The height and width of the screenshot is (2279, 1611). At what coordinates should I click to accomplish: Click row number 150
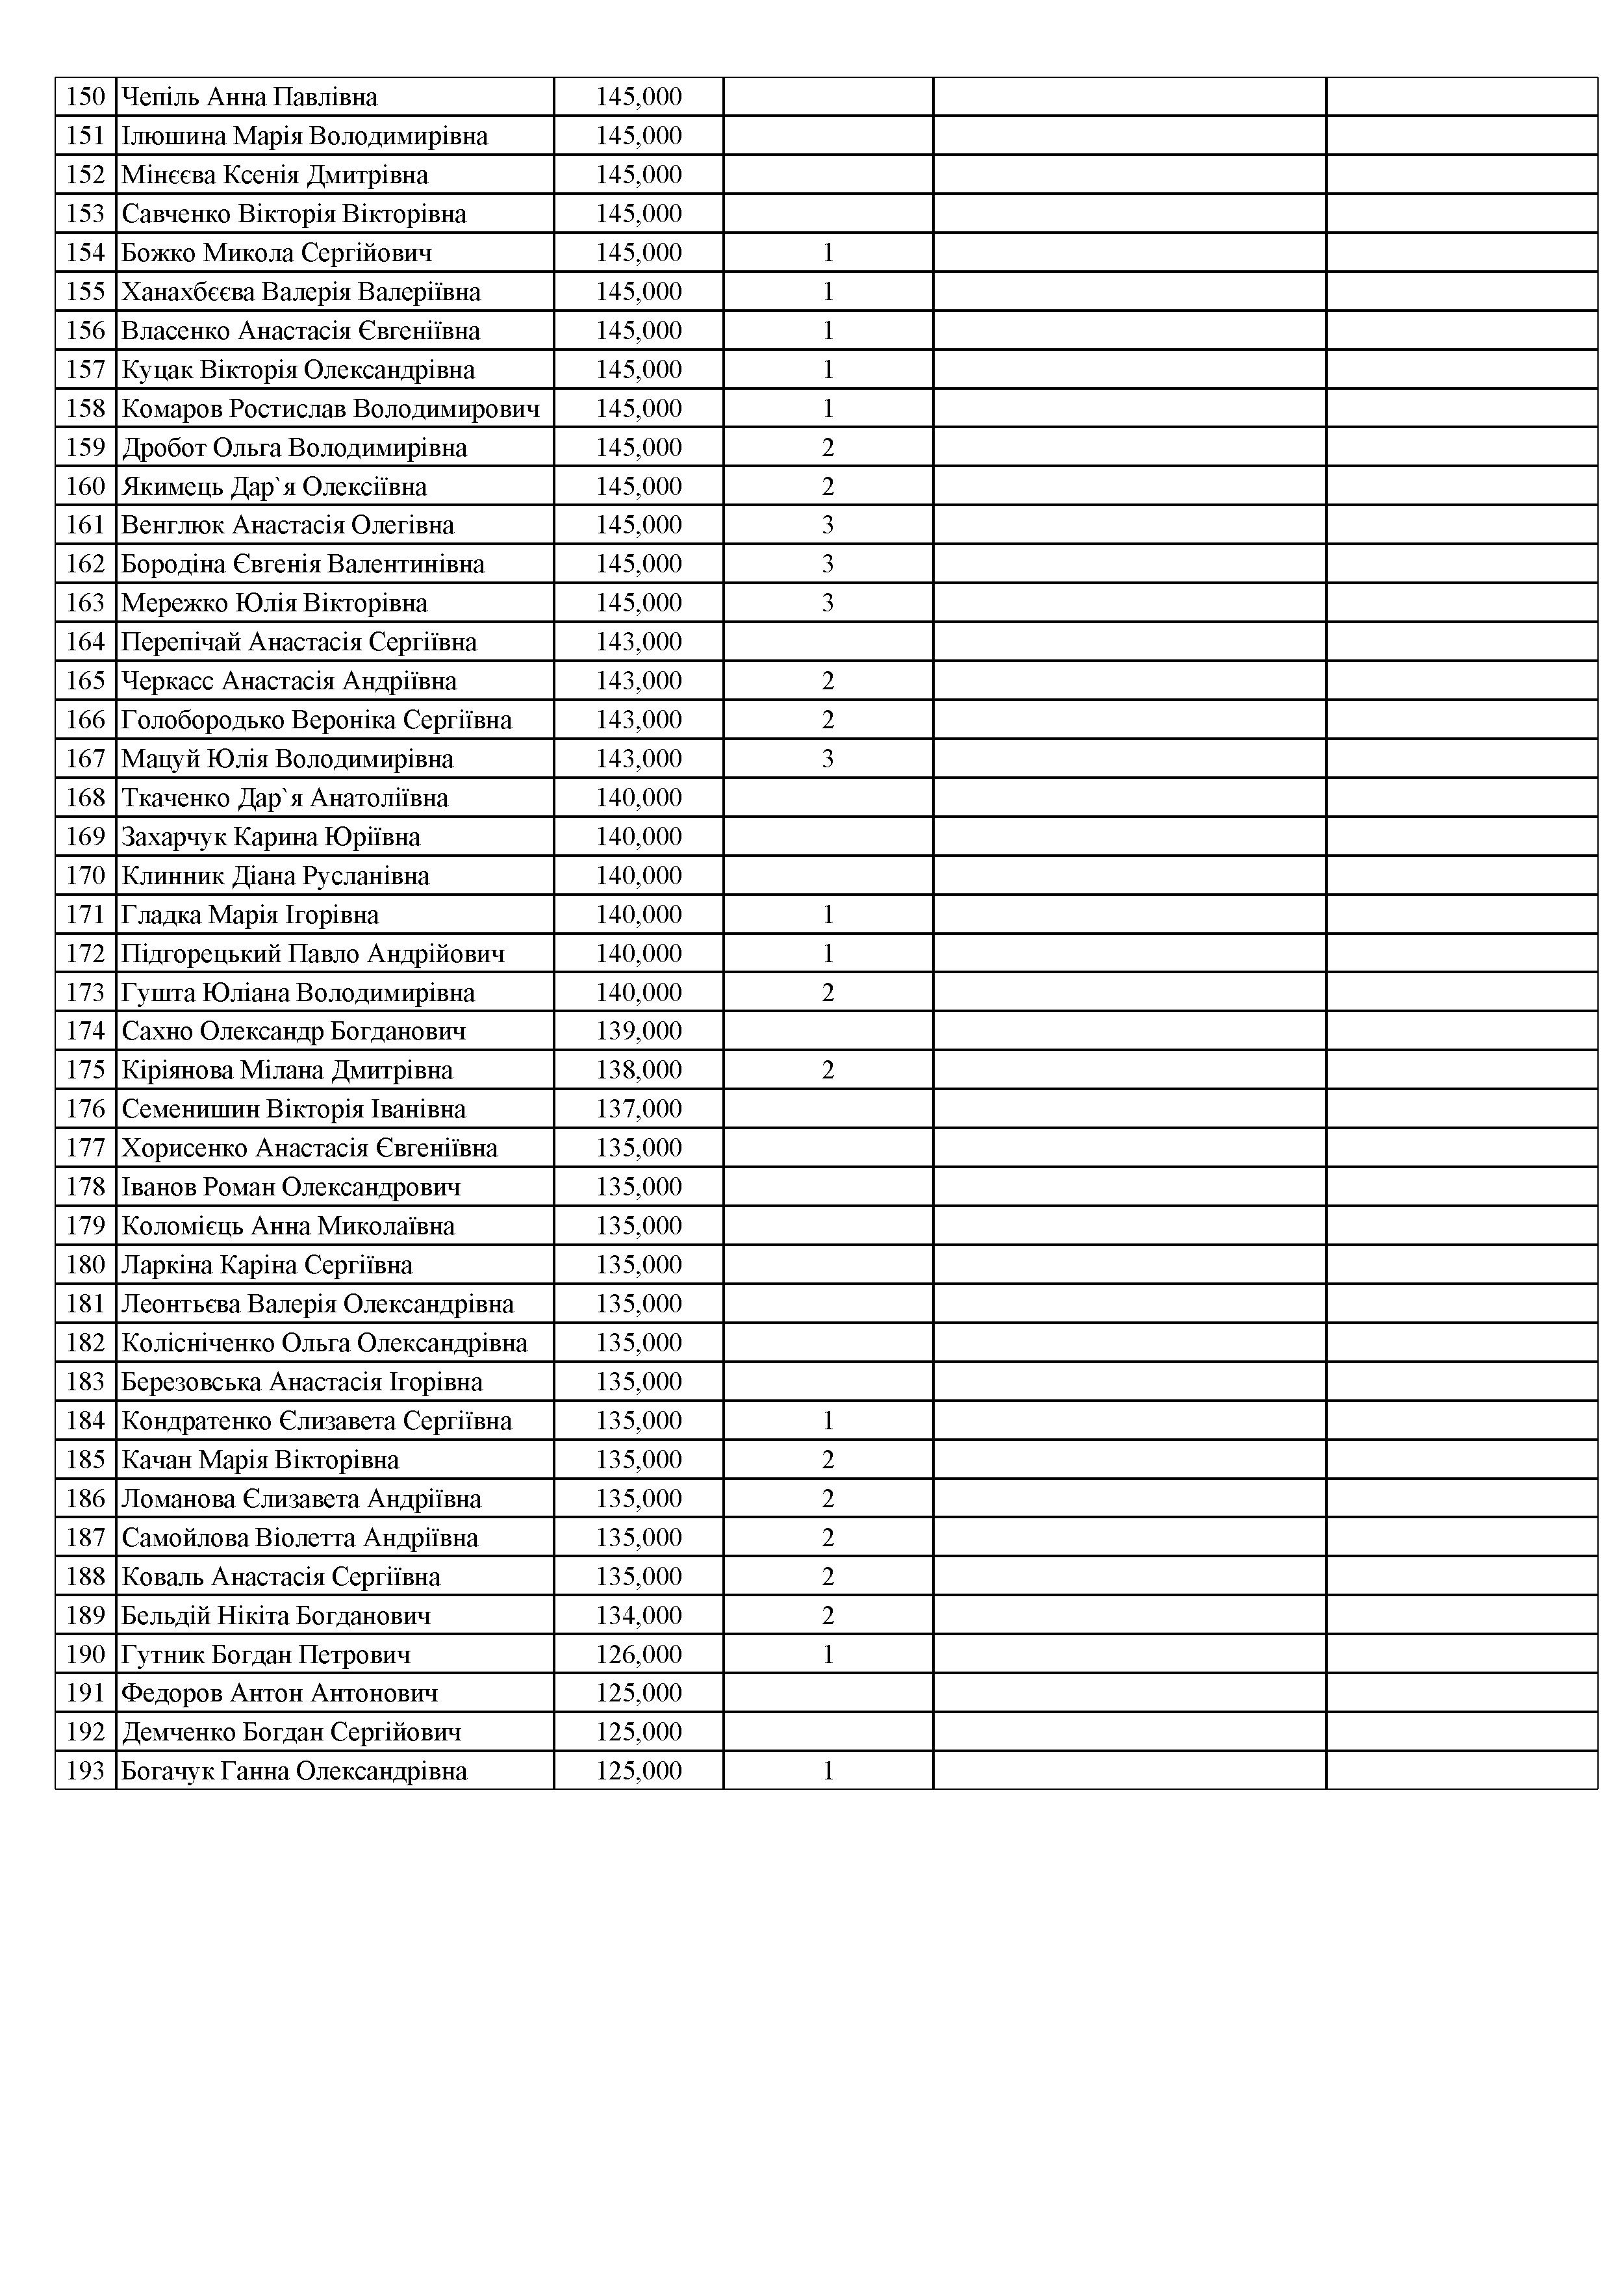(x=85, y=97)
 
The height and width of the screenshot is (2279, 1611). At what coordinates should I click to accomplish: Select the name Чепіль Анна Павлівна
(x=249, y=97)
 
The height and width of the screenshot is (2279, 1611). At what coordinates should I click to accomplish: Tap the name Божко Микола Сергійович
(x=277, y=253)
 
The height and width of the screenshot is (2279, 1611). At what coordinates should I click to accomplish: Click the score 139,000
(x=639, y=1031)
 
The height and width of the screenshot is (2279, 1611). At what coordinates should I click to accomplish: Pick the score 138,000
(x=639, y=1070)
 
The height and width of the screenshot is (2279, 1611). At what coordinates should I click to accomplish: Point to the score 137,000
(x=639, y=1109)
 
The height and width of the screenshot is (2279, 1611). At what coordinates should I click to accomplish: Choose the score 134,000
(x=639, y=1615)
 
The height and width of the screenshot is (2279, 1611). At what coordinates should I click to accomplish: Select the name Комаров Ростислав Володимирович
(x=331, y=409)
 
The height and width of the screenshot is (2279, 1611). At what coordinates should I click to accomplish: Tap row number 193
(x=85, y=1771)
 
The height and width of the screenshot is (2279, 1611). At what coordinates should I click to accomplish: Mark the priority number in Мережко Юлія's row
(x=828, y=604)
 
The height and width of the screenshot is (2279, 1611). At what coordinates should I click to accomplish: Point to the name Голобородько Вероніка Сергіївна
(x=316, y=720)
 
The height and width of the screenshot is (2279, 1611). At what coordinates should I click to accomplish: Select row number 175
(x=85, y=1070)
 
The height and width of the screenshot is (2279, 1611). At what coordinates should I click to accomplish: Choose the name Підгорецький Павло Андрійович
(x=312, y=954)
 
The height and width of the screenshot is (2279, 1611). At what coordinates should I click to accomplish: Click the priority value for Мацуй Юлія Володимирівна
(x=828, y=759)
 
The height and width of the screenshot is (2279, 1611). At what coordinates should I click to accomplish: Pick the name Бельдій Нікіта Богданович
(x=276, y=1615)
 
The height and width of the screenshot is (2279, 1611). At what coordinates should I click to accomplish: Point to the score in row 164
(x=639, y=643)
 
